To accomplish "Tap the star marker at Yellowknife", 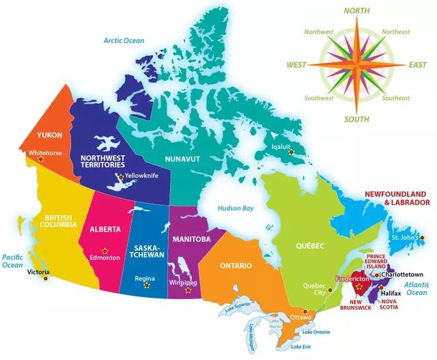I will coord(121,177).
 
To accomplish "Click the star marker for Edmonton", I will coord(104,248).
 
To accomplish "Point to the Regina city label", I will coord(145,279).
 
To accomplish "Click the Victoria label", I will coord(38,272).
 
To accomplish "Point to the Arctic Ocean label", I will coord(124,40).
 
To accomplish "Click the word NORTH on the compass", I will coord(357,10).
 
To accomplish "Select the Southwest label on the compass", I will coord(320,98).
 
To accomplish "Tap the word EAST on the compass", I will coord(417,65).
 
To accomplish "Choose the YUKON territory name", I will coord(50,135).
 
